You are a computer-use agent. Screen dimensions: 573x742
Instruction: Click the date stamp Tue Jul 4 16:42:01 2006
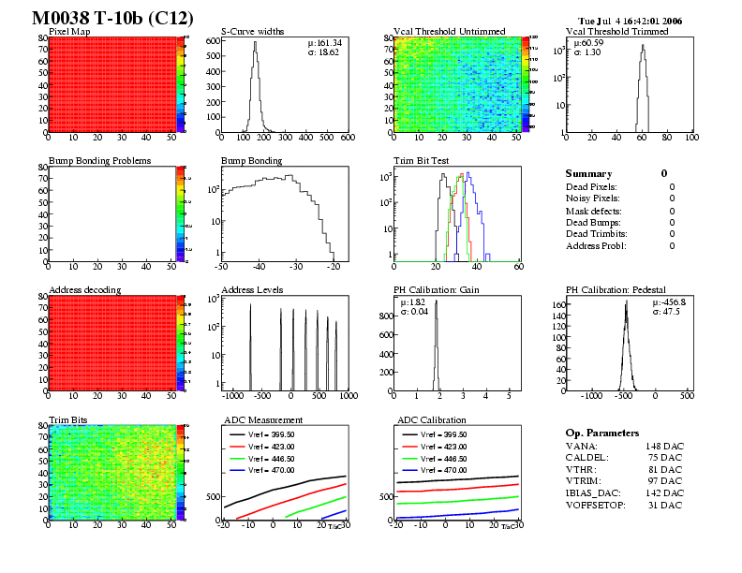point(631,20)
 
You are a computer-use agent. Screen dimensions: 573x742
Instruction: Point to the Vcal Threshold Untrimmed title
point(443,31)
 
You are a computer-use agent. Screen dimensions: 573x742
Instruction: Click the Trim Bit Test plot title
point(421,160)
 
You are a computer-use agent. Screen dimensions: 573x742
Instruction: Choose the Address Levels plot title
point(252,289)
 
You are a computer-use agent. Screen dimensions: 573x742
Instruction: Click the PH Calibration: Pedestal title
point(622,289)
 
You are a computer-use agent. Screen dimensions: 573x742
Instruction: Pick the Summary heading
point(588,173)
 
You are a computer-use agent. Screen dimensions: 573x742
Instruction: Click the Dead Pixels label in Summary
point(592,187)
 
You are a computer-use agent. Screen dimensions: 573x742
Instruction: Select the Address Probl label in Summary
point(596,245)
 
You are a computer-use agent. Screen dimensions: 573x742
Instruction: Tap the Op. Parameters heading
point(602,433)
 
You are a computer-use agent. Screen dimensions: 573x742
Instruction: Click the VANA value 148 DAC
point(662,446)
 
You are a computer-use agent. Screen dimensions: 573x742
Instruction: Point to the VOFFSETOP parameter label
point(596,507)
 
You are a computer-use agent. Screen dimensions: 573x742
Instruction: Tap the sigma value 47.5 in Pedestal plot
point(670,311)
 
